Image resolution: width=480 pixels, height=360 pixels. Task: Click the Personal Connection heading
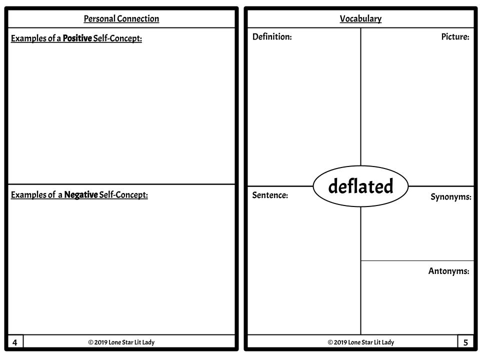point(121,18)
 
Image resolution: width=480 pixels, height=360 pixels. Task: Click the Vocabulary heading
point(360,18)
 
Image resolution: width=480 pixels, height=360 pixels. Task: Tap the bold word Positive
point(77,38)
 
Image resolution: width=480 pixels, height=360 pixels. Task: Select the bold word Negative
point(81,194)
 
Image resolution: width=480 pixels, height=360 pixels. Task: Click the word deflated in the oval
point(360,186)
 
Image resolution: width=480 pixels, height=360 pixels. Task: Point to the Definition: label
point(272,36)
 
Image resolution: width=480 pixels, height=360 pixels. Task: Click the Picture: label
point(455,36)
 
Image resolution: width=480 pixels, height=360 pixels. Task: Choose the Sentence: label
point(270,195)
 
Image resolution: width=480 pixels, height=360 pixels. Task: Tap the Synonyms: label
point(451,197)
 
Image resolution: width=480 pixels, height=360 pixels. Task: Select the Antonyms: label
point(449,271)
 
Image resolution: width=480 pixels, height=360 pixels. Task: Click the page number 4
point(14,342)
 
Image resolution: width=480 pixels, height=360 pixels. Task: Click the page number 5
point(465,342)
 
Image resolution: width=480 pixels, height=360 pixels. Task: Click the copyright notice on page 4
point(121,342)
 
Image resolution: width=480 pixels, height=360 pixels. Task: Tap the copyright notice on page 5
point(361,342)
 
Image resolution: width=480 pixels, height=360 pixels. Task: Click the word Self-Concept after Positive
point(117,38)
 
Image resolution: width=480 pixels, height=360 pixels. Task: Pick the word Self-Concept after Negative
point(123,194)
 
